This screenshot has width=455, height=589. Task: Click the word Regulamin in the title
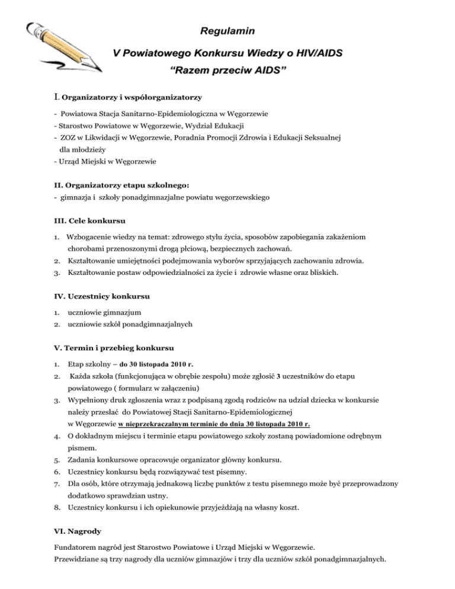(x=227, y=29)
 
